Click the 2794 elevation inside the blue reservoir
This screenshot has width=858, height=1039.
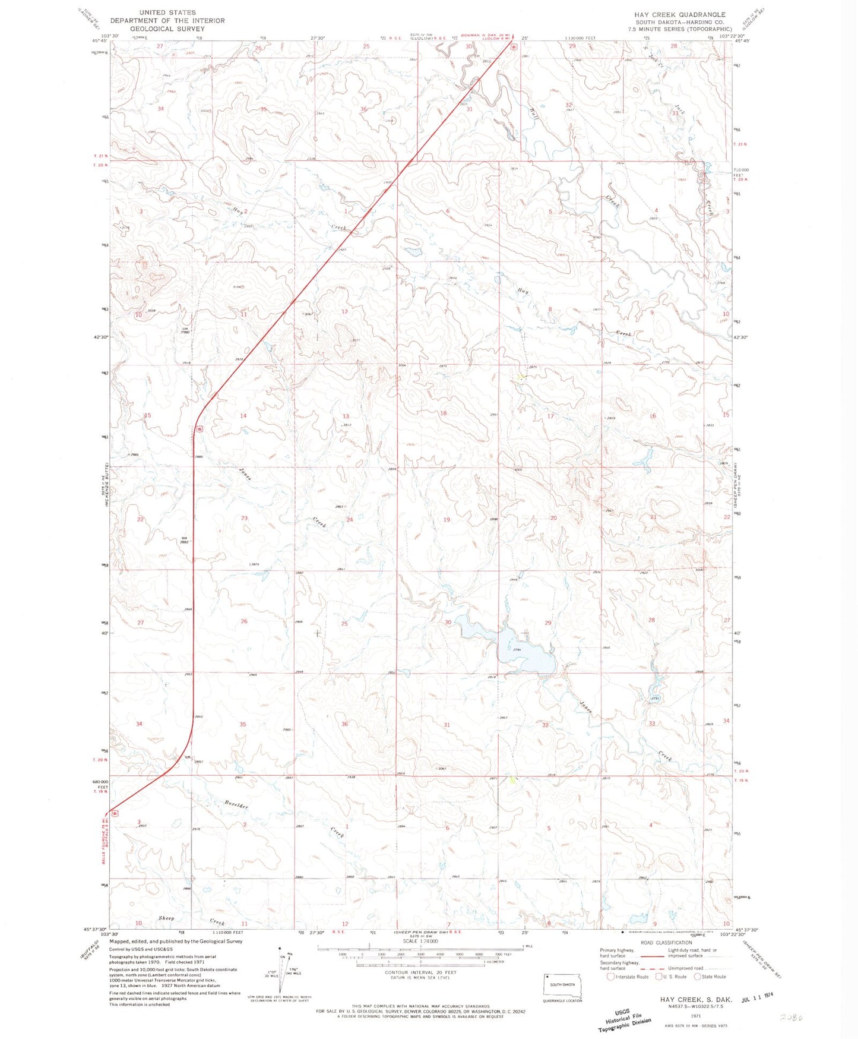coord(517,650)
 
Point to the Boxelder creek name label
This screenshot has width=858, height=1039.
coord(236,805)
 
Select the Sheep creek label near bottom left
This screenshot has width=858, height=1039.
coord(166,918)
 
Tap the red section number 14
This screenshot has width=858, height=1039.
coord(243,416)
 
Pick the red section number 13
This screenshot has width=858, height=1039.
coord(346,416)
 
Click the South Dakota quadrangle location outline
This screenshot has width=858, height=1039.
coord(563,986)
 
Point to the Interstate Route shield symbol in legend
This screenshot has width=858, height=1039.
coord(610,977)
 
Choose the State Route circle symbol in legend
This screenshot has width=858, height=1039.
coord(698,977)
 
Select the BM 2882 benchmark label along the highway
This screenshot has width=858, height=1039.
coord(185,540)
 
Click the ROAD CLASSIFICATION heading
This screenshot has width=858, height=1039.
coord(666,943)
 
